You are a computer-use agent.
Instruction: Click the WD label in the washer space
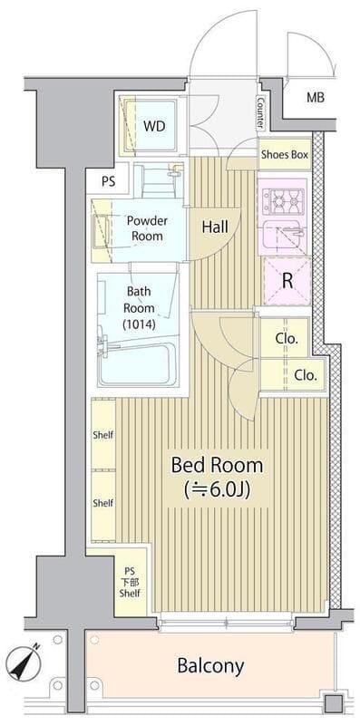(153, 126)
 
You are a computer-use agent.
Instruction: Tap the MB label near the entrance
(316, 98)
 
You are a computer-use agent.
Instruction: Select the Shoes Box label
(284, 154)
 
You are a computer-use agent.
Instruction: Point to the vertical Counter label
(260, 113)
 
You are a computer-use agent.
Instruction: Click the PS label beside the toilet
(108, 182)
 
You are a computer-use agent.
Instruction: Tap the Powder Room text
(147, 228)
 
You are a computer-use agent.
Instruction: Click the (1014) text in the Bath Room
(140, 324)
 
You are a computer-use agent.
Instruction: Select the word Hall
(215, 227)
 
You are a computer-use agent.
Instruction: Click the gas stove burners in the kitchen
(284, 199)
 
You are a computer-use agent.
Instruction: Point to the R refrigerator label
(287, 282)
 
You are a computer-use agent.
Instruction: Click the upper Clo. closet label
(286, 338)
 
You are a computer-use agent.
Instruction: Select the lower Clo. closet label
(306, 375)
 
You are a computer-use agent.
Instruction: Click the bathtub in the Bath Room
(137, 363)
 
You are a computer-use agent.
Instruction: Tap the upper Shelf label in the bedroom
(102, 435)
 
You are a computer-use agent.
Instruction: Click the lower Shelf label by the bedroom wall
(102, 503)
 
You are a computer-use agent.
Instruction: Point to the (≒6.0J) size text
(217, 490)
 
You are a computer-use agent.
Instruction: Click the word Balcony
(210, 666)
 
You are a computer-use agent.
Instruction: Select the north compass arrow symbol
(24, 662)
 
